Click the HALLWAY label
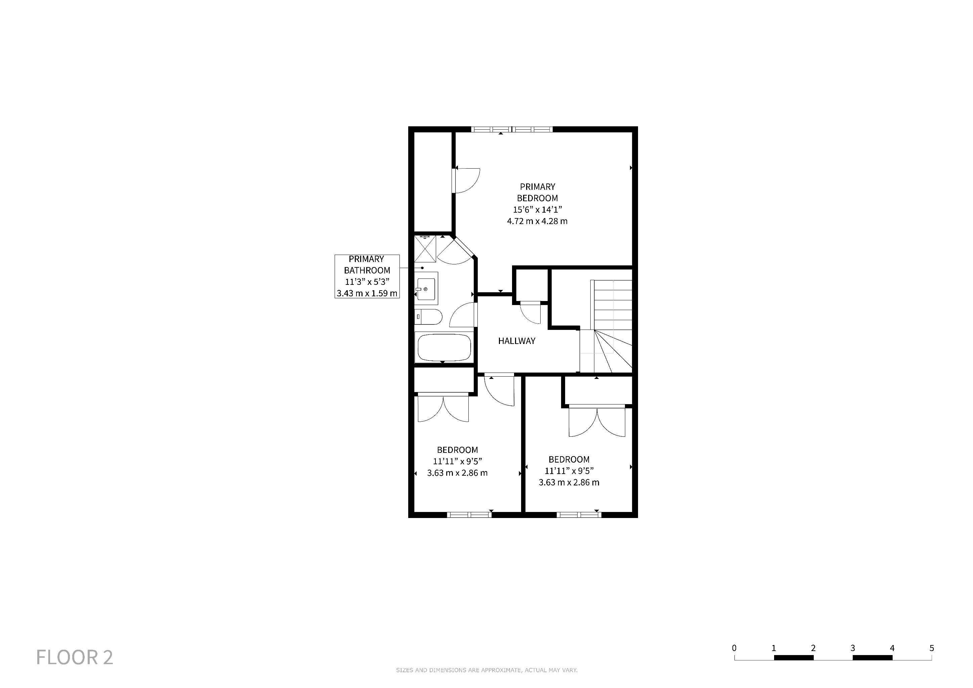coord(517,341)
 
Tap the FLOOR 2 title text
coord(75,657)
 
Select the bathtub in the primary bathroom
coord(444,347)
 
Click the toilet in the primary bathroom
coord(428,316)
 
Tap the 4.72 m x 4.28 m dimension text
coord(537,221)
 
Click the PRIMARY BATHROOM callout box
coord(367,276)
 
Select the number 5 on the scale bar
coord(931,648)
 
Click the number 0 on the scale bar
coord(734,648)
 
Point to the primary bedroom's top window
coord(512,129)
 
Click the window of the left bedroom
coord(469,515)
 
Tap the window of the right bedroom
coord(579,515)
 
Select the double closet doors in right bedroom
coord(597,421)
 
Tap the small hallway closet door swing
coord(531,313)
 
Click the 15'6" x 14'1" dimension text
coord(537,210)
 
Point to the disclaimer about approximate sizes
coord(487,670)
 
